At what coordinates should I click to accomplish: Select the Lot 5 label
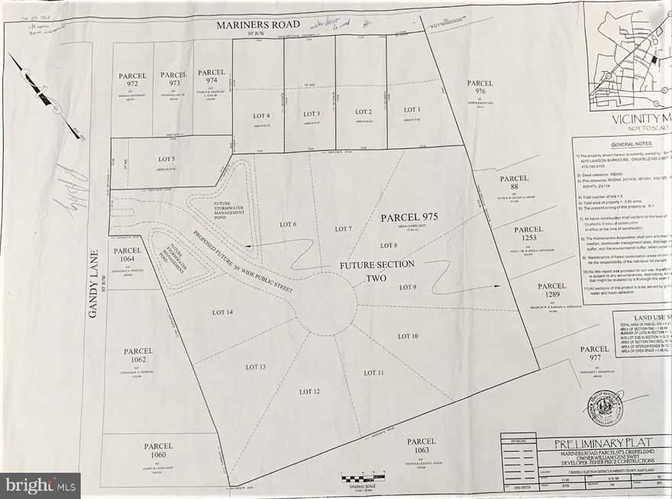click(166, 158)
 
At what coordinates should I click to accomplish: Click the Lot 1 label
click(412, 109)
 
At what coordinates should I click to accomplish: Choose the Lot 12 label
click(309, 391)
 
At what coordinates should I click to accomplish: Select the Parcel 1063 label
click(421, 446)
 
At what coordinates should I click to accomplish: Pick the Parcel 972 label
click(132, 79)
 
